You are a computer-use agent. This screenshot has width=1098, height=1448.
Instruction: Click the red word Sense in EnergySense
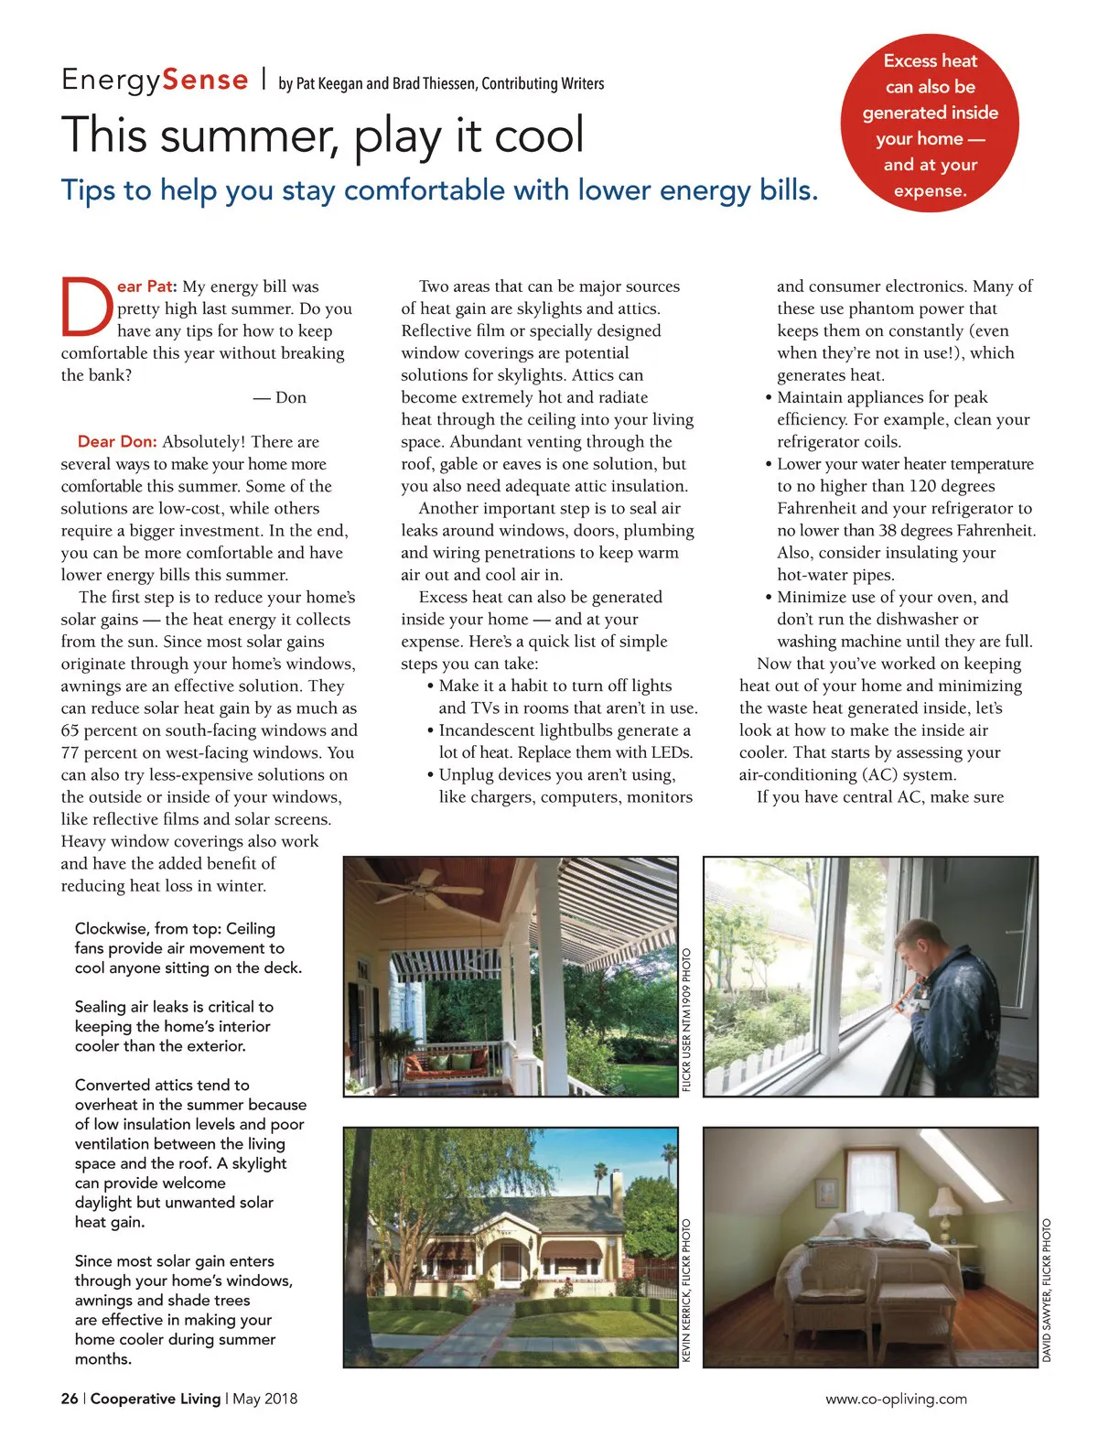click(205, 81)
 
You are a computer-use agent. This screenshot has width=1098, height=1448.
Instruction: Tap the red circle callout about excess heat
click(930, 125)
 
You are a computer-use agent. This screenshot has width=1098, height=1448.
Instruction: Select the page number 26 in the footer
click(70, 1399)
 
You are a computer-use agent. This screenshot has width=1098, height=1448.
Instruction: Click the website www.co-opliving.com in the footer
click(896, 1399)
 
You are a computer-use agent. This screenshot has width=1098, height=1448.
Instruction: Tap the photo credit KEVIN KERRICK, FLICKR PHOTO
click(687, 1291)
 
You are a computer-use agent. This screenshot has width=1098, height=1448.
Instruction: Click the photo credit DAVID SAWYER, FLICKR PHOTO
click(1048, 1291)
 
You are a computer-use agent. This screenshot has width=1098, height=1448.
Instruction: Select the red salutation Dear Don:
click(117, 442)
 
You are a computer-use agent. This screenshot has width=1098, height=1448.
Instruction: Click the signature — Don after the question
click(280, 397)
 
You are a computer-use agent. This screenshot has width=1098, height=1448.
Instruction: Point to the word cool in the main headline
click(539, 135)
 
